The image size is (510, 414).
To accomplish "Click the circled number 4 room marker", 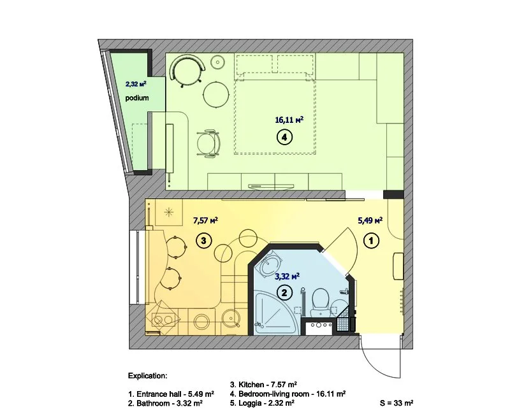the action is [284, 137].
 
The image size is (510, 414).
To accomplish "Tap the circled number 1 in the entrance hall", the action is [372, 241].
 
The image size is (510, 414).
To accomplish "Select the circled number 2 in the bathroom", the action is [284, 293].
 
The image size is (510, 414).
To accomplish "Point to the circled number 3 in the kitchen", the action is [203, 241].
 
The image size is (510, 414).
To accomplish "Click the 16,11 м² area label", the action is [289, 120].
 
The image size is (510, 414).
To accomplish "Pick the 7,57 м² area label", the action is [205, 220].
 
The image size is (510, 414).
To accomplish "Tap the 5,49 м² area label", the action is [370, 220].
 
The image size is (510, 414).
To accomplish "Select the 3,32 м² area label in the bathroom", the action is [288, 276].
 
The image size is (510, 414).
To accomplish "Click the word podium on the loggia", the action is [137, 98].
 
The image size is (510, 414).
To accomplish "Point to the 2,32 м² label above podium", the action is [136, 84].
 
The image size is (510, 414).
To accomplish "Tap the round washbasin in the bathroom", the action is [270, 263].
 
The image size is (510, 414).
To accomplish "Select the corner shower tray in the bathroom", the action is [277, 313].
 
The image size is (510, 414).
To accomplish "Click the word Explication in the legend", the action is [148, 376].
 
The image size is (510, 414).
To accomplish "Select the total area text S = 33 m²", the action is [397, 403].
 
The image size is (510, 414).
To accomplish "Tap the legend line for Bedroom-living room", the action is [288, 394].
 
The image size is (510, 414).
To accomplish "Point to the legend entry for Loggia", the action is [262, 403].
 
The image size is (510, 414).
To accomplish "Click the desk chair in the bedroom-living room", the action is [209, 143].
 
